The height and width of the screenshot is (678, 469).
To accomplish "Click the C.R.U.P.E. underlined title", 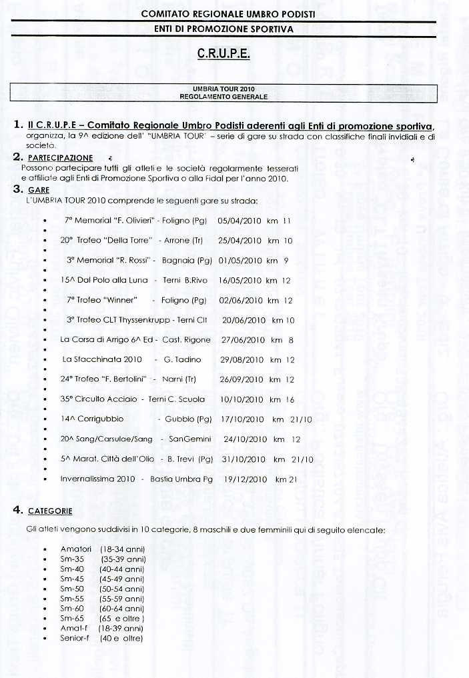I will coord(223,54).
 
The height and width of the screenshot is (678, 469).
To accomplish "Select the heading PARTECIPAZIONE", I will coord(60,158).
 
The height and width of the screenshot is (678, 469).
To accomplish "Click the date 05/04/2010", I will coord(240,220).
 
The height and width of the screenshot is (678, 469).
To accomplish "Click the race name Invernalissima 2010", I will coord(97,479).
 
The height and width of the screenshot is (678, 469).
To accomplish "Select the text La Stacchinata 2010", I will coord(102,359).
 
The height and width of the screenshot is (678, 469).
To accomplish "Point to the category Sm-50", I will coord(72,589).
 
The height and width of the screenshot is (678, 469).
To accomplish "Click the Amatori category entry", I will coord(75,549).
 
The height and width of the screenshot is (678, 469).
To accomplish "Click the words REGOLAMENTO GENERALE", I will coord(223,97).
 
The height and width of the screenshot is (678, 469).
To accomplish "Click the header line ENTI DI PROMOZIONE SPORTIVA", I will coord(223,29).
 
